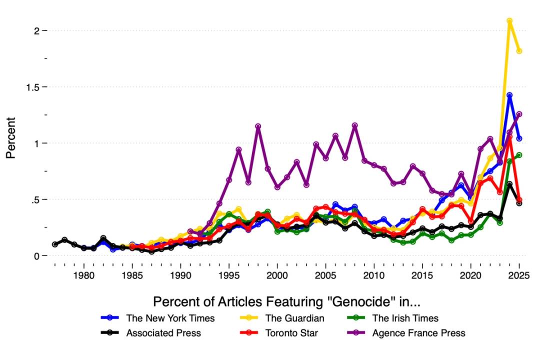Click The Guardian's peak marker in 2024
click(x=509, y=21)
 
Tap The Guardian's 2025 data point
click(x=519, y=51)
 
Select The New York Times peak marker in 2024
click(x=509, y=95)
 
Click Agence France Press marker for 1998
click(x=258, y=126)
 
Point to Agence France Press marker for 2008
click(x=354, y=125)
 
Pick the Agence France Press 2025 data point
click(x=519, y=114)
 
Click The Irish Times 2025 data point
click(x=519, y=155)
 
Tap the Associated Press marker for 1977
click(x=55, y=244)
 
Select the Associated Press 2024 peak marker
click(x=509, y=184)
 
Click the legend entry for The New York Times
click(x=170, y=318)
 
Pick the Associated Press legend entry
click(x=163, y=333)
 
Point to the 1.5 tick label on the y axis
click(x=33, y=87)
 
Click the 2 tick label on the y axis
click(x=37, y=30)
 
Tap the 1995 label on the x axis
click(x=229, y=275)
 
